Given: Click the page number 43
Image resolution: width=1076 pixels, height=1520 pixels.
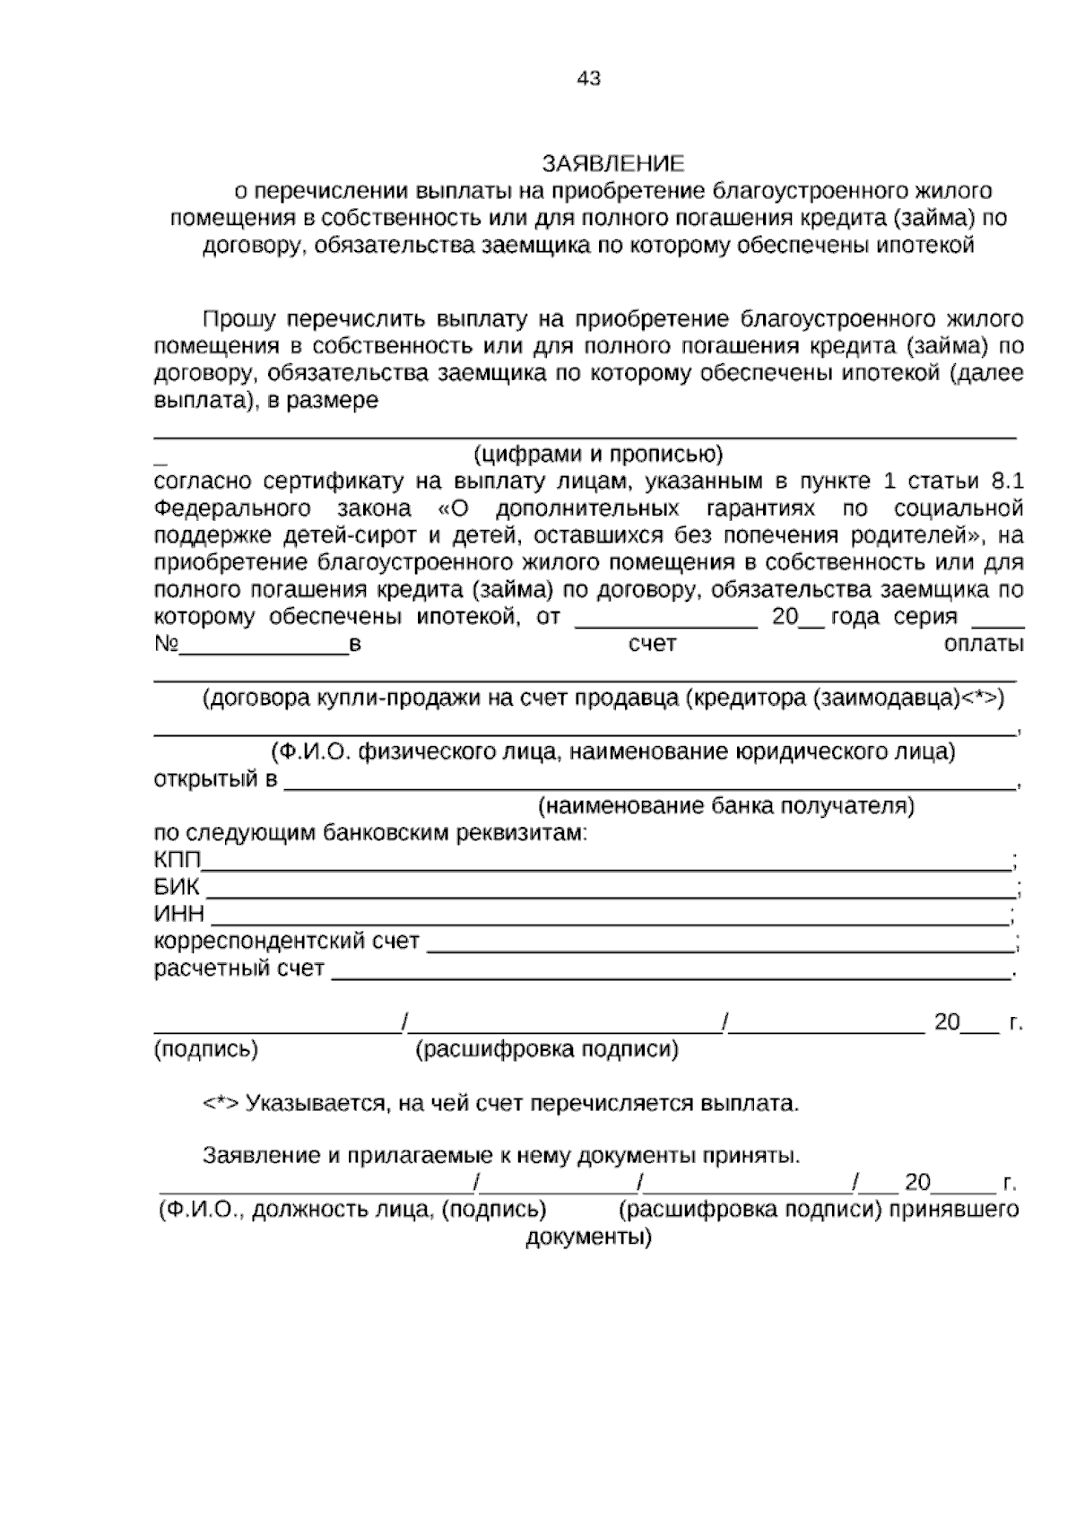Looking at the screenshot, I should [x=589, y=79].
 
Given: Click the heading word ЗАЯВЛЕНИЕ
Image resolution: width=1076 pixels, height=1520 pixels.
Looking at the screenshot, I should [x=613, y=163].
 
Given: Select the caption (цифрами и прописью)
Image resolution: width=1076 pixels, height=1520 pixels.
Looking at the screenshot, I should [x=598, y=454].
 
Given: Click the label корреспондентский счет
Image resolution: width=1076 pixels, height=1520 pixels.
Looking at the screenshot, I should [x=287, y=942].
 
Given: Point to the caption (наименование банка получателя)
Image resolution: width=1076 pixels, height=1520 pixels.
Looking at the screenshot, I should [x=726, y=806].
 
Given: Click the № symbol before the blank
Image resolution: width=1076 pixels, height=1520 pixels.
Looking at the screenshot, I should [x=167, y=645].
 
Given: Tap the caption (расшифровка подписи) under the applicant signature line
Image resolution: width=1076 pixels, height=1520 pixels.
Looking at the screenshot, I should [x=547, y=1049].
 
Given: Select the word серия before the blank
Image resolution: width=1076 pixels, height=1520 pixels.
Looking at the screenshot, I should [x=926, y=617].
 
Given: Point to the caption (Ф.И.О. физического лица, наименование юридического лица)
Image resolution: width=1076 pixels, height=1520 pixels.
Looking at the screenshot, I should [x=613, y=752].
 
